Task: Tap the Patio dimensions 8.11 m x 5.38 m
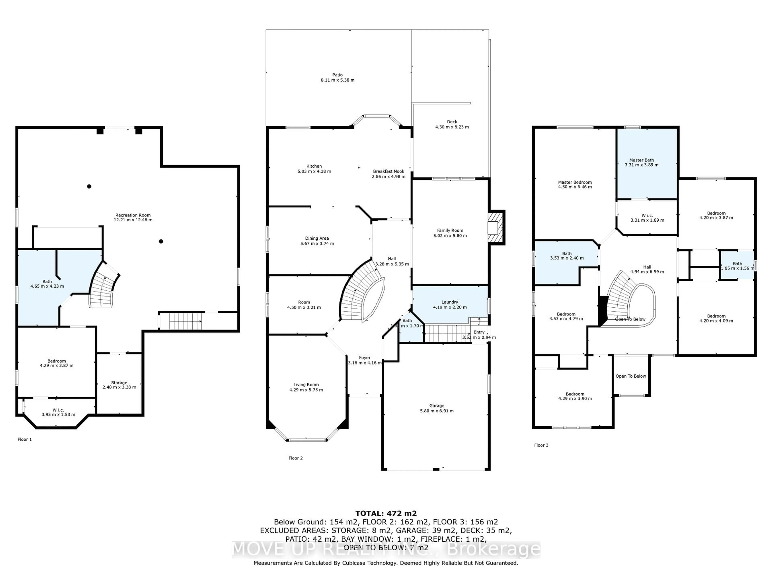coord(338,80)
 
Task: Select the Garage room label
coord(437,406)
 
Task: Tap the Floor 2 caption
coord(296,458)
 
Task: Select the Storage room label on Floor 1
coord(119,383)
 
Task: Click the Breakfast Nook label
coord(388,171)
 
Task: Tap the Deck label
coord(452,122)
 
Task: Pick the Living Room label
coord(306,385)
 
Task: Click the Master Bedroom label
coord(575,182)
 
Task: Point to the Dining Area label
coord(317,238)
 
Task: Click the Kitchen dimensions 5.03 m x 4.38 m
coord(314,171)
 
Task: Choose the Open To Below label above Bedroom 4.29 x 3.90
coord(631,376)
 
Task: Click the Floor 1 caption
coord(25,439)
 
